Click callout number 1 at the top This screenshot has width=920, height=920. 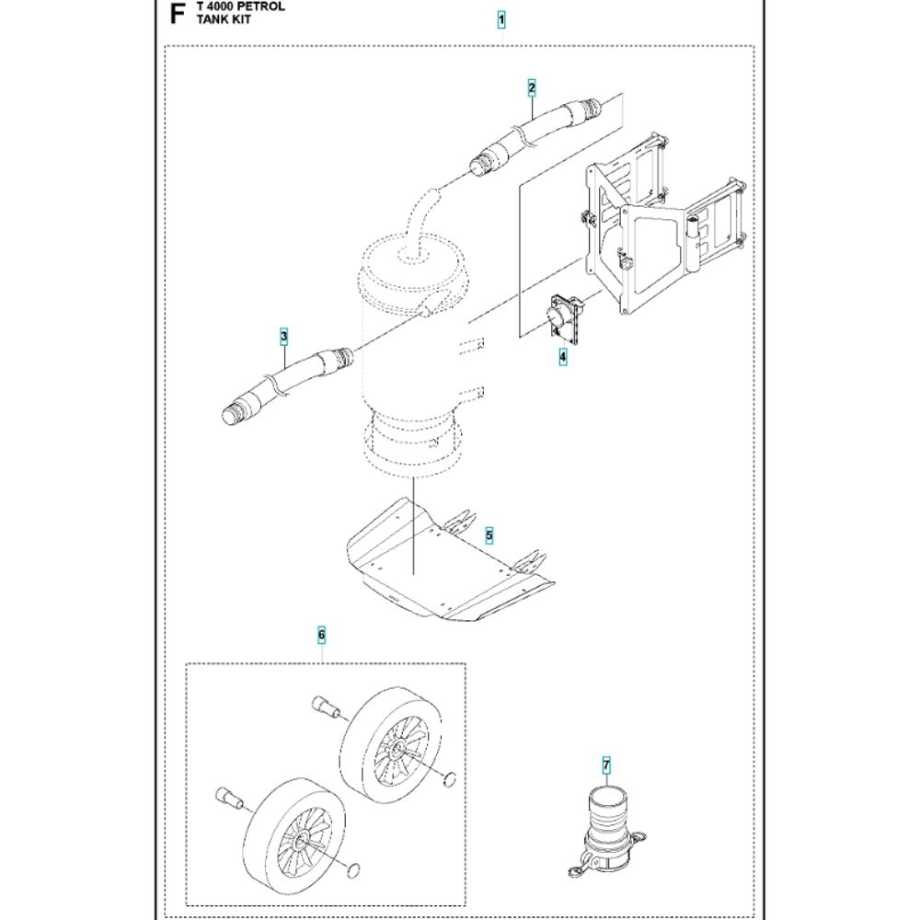[501, 20]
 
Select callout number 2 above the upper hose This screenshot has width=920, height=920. [532, 88]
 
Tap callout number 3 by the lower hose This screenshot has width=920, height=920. [284, 337]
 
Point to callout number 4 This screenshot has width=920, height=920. [563, 356]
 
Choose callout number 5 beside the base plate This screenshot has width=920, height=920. [489, 535]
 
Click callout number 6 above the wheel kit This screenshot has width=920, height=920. [321, 635]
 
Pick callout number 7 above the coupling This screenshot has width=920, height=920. [606, 765]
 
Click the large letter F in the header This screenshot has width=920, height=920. [178, 14]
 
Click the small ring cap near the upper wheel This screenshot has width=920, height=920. [450, 779]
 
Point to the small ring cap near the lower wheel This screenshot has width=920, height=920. [353, 870]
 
